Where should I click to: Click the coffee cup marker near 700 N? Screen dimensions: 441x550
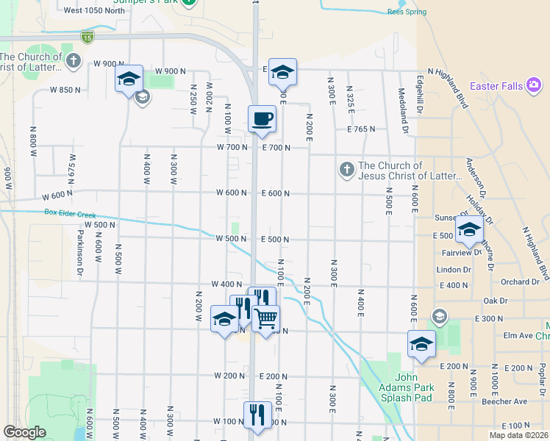[x=262, y=118]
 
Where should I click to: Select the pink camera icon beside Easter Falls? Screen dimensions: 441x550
[x=534, y=86]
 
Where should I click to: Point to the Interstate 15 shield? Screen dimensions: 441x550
[x=87, y=37]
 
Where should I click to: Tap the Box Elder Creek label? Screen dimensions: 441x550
[x=70, y=213]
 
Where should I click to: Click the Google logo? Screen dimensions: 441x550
[x=24, y=432]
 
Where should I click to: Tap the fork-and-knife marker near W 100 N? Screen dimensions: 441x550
[x=257, y=415]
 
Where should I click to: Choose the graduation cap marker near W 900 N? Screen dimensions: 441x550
[x=129, y=78]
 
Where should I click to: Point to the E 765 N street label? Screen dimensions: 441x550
[x=361, y=129]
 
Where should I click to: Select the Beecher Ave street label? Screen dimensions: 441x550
[x=510, y=401]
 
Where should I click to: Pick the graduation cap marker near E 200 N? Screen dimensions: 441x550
[x=422, y=344]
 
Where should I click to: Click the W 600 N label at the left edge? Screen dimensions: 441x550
[x=57, y=196]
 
